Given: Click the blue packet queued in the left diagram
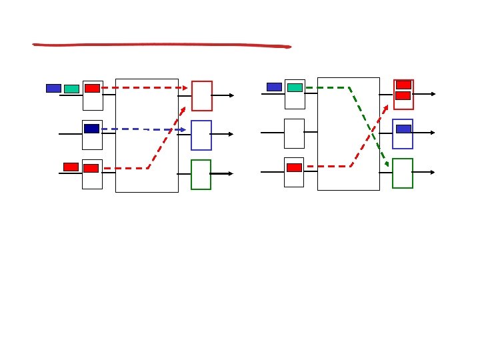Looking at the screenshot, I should click(x=53, y=88).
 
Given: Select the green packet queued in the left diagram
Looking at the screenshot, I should click(x=71, y=89).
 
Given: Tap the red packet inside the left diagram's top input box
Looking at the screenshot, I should click(x=92, y=88).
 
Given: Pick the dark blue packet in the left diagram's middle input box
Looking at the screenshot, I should click(x=92, y=129).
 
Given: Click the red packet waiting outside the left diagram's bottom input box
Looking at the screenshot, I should click(x=71, y=167).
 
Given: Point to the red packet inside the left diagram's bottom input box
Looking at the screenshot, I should click(x=91, y=168).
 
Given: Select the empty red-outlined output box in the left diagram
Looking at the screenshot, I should click(x=202, y=96).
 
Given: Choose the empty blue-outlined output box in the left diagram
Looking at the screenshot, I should click(x=201, y=135).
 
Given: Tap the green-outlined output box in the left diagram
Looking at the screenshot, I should click(x=201, y=175).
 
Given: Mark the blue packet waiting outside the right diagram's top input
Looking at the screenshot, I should click(x=274, y=87).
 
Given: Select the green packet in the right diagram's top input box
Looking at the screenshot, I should click(x=295, y=87).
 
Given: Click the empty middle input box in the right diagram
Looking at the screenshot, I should click(x=294, y=133).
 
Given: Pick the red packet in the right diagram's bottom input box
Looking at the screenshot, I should click(x=294, y=167).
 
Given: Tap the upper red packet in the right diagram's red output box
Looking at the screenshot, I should click(x=403, y=85).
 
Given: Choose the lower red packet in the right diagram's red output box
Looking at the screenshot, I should click(x=403, y=96).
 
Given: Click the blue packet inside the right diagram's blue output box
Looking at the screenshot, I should click(x=403, y=129).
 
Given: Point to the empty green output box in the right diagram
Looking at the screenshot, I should click(x=403, y=173).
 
